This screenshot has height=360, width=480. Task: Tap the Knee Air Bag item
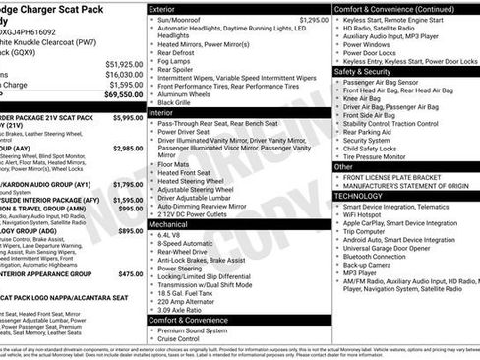tap(368, 98)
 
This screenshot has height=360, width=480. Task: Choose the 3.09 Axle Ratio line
tap(181, 309)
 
